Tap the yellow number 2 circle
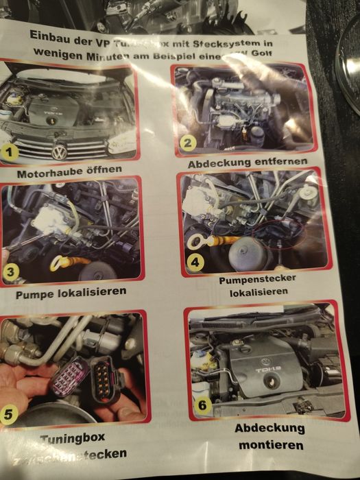click(189, 143)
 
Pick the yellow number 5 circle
click(9, 413)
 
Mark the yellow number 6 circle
click(202, 405)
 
